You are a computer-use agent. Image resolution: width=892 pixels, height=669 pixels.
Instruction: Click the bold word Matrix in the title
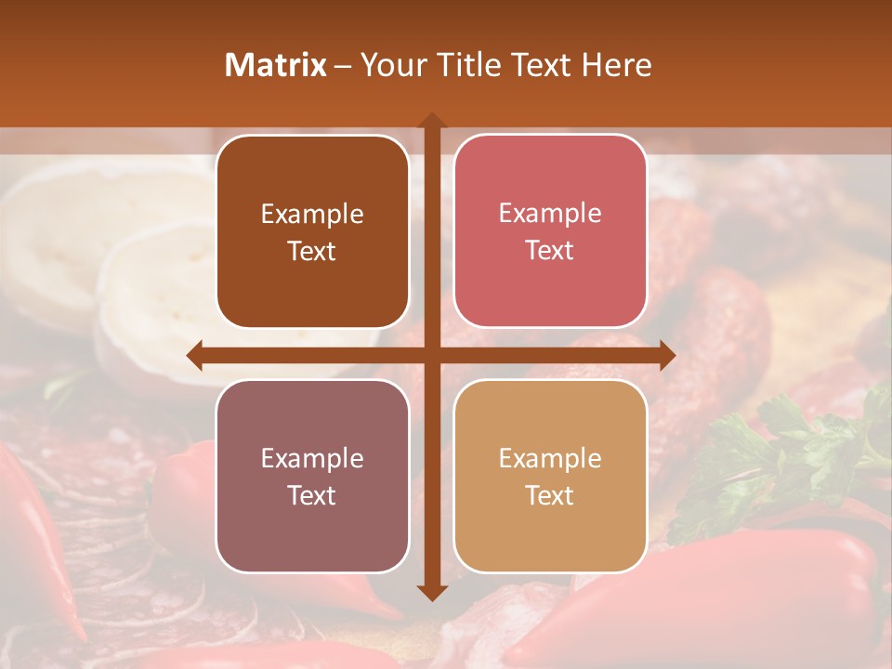click(276, 65)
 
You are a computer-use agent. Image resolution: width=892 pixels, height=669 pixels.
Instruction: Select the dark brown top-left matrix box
click(312, 232)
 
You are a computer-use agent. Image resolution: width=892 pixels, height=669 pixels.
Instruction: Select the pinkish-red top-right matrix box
click(550, 231)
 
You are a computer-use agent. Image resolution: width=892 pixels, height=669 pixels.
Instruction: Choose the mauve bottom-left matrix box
click(312, 476)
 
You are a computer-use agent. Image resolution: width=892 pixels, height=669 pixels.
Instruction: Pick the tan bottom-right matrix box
click(550, 476)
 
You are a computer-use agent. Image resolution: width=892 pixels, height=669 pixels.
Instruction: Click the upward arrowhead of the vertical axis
click(432, 121)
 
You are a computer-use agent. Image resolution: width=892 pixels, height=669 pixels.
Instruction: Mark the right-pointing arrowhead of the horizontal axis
click(667, 355)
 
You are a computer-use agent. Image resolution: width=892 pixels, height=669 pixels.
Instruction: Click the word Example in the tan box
click(550, 458)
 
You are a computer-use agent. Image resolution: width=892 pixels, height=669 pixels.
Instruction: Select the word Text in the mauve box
click(312, 495)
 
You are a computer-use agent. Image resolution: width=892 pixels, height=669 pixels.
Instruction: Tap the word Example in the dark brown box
click(312, 215)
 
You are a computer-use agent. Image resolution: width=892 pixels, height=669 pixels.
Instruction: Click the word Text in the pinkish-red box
click(550, 250)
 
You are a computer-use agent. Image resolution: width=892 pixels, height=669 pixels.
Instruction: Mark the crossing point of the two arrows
click(432, 355)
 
